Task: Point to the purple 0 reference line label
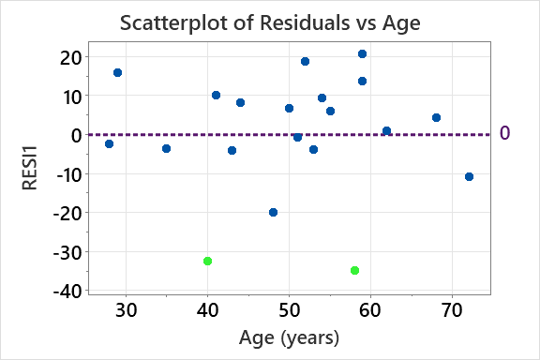[504, 134]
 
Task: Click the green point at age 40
[207, 261]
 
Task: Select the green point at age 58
[354, 270]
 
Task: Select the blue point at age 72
[469, 176]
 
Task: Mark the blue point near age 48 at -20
[273, 212]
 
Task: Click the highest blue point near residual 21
[362, 53]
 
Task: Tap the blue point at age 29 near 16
[117, 72]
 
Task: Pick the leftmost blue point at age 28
[109, 143]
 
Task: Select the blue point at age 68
[436, 117]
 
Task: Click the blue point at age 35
[166, 148]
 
